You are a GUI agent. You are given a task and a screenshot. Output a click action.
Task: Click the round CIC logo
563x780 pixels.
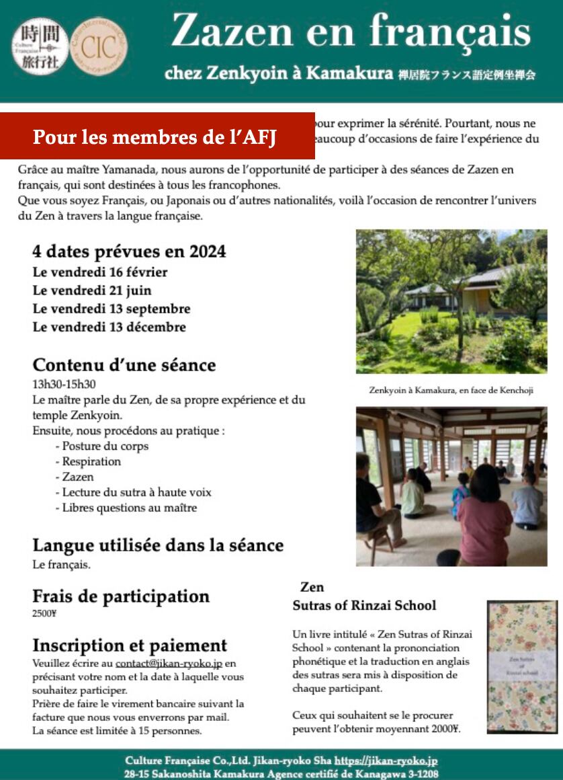pyautogui.click(x=98, y=46)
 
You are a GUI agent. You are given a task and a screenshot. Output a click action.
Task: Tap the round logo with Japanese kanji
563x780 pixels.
pyautogui.click(x=40, y=46)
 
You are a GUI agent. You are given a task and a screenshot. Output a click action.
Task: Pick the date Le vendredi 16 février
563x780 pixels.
pyautogui.click(x=100, y=272)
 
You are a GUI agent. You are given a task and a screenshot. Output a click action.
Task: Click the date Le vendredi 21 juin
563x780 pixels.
pyautogui.click(x=92, y=290)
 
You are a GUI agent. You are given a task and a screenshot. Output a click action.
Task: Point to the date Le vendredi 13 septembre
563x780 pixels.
pyautogui.click(x=112, y=309)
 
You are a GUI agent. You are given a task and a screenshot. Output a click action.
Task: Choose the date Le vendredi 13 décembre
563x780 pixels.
pyautogui.click(x=110, y=327)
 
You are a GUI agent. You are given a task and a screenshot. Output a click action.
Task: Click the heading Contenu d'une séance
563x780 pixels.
pyautogui.click(x=124, y=365)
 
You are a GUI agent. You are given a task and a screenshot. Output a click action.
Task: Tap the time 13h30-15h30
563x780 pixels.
pyautogui.click(x=64, y=384)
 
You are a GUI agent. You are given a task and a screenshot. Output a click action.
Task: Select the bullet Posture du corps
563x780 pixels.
pyautogui.click(x=105, y=446)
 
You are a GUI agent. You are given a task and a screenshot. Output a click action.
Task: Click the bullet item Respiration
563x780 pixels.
pyautogui.click(x=91, y=461)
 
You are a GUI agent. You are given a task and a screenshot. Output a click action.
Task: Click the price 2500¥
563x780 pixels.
pyautogui.click(x=44, y=613)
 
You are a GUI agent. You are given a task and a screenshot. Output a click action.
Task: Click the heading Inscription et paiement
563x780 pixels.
pyautogui.click(x=130, y=646)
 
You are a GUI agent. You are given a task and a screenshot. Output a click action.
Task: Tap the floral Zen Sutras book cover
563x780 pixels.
pyautogui.click(x=521, y=666)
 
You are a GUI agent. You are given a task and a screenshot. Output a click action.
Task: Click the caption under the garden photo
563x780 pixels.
pyautogui.click(x=451, y=390)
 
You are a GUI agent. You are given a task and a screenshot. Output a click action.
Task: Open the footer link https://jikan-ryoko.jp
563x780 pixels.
pyautogui.click(x=386, y=760)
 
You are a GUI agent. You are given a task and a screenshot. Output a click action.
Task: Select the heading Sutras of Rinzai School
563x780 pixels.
pyautogui.click(x=364, y=605)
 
